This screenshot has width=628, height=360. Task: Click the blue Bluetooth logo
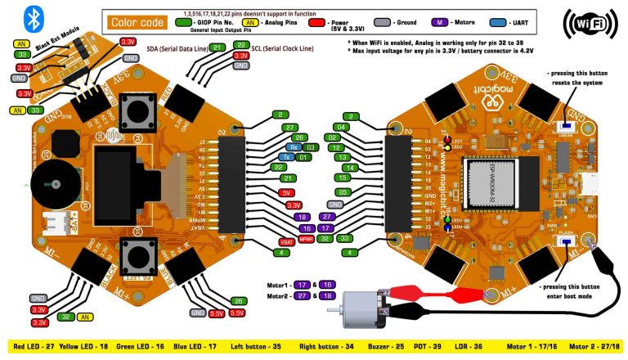pyautogui.click(x=34, y=18)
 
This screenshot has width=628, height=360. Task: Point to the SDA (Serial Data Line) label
pyautogui.click(x=175, y=49)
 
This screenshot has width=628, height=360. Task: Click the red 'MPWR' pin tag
pyautogui.click(x=305, y=239)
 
